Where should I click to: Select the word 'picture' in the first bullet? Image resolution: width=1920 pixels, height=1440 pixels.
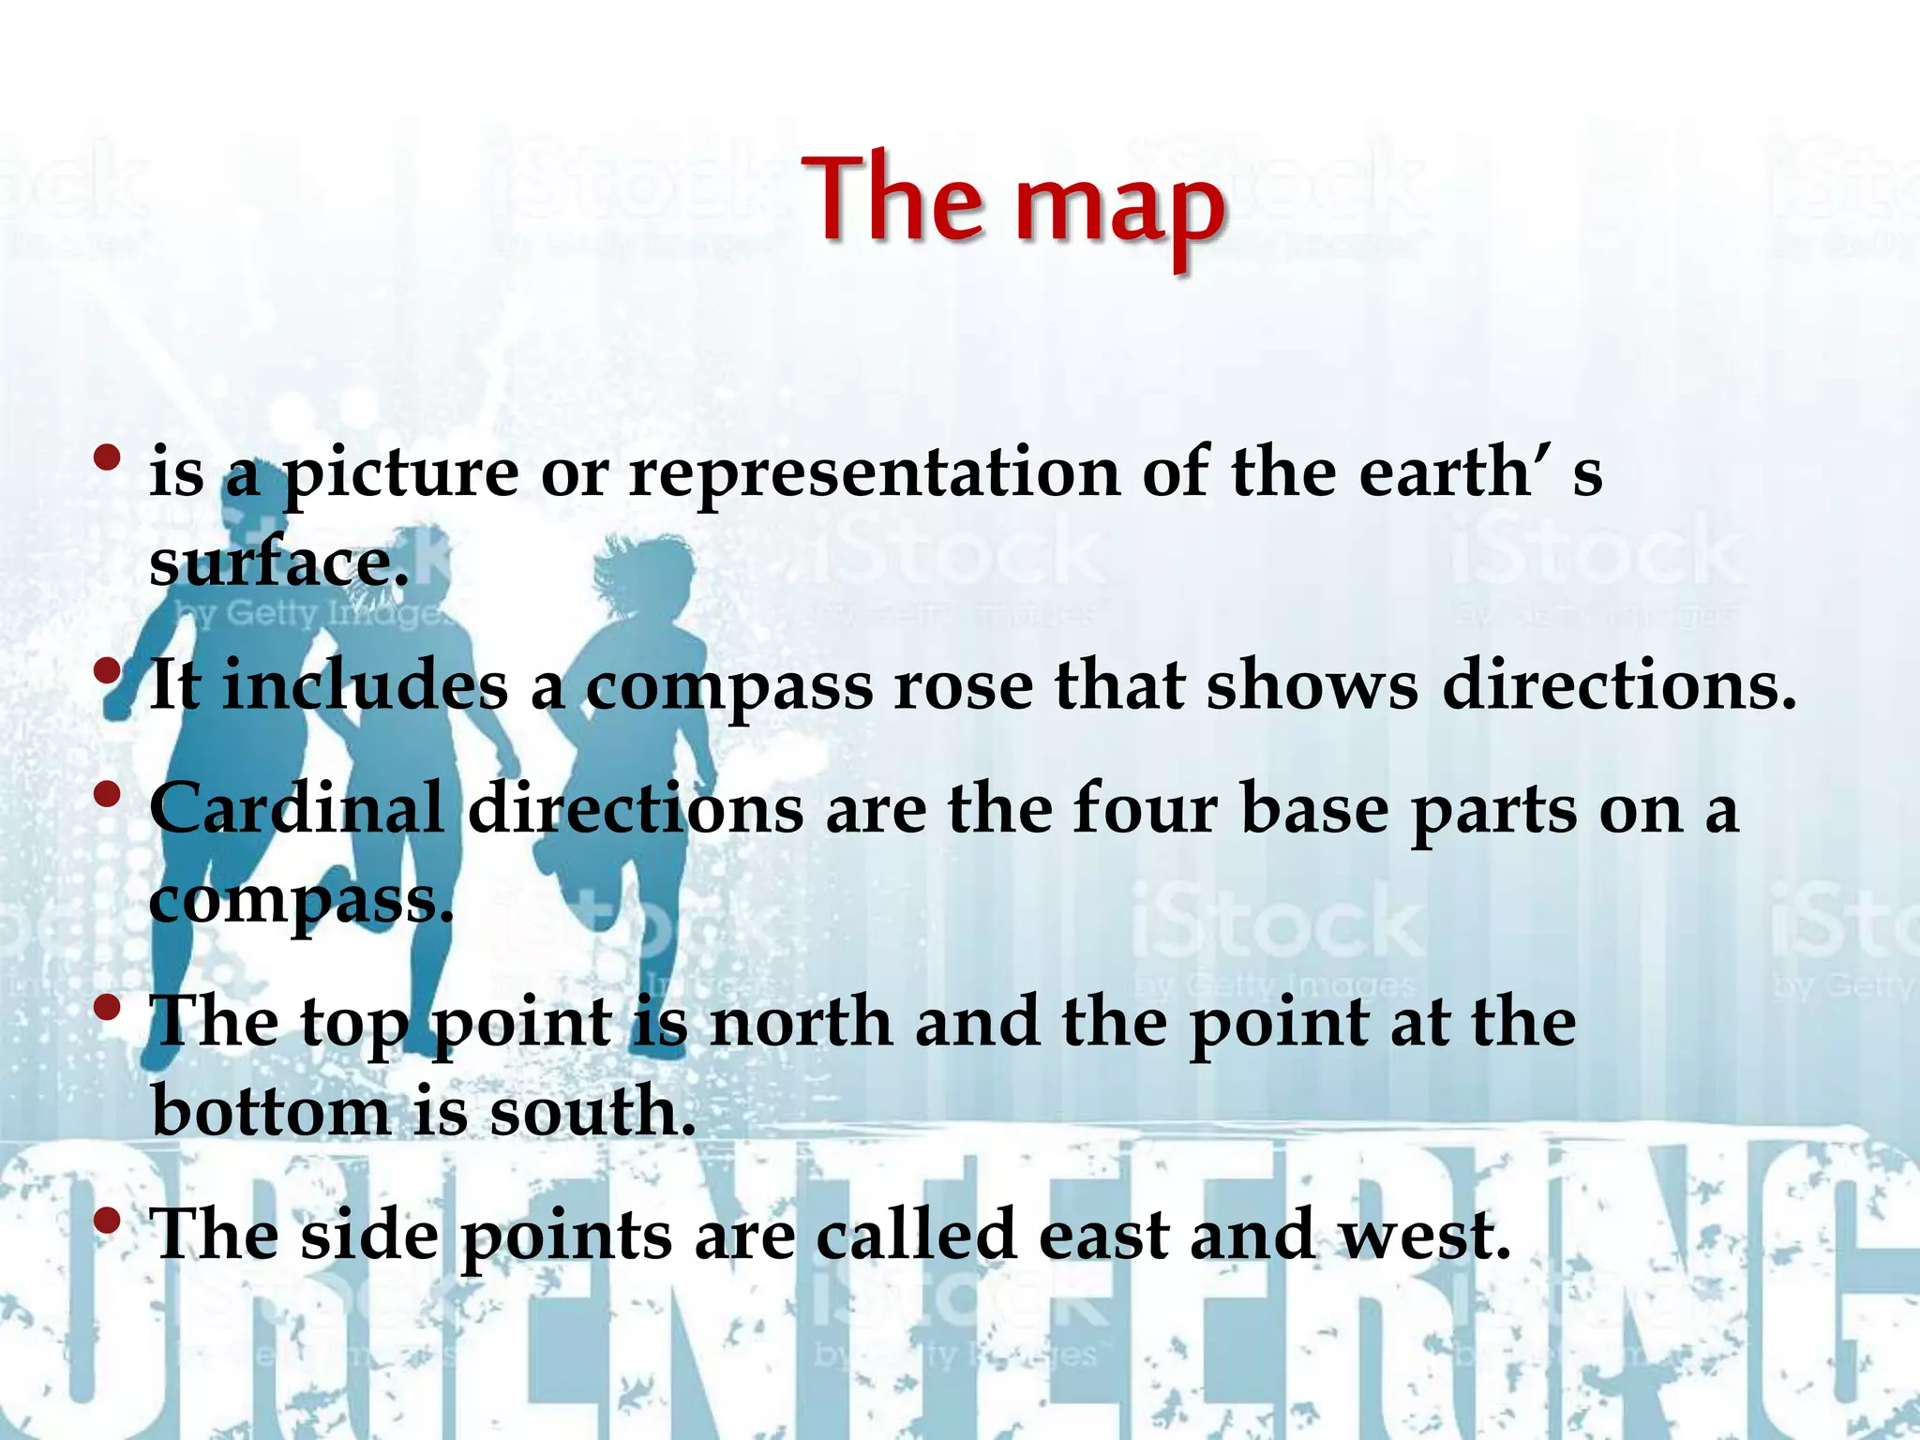[x=400, y=474]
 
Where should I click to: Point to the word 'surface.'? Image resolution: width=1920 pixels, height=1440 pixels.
[x=279, y=562]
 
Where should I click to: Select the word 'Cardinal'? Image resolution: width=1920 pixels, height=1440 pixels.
[x=296, y=808]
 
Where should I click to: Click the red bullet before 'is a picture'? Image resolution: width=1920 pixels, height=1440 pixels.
[x=108, y=458]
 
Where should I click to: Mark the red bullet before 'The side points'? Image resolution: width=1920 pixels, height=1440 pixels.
[x=108, y=1221]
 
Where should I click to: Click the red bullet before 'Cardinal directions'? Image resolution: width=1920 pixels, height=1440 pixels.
[x=108, y=794]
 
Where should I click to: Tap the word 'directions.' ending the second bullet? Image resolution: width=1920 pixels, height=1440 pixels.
[x=1619, y=686]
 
